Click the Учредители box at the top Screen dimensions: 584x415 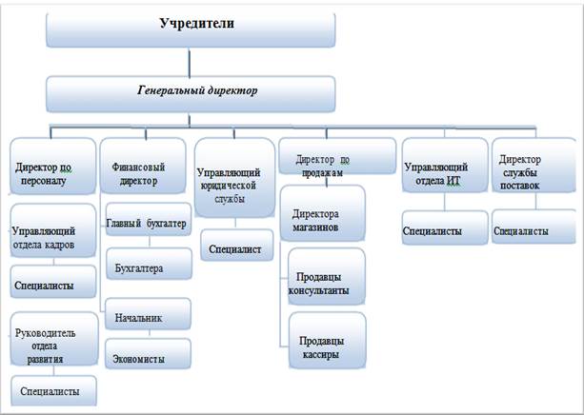(191, 30)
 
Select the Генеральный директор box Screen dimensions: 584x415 (191, 94)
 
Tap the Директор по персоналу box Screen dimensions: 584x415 (53, 166)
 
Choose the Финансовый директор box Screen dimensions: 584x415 (143, 166)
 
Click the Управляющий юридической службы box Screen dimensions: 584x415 (235, 178)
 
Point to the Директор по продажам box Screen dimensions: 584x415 (337, 156)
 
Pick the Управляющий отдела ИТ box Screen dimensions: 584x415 (445, 166)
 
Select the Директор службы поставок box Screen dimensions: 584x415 (534, 166)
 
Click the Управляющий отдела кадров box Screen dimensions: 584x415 (53, 230)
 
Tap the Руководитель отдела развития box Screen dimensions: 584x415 (54, 339)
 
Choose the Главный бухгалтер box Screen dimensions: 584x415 (149, 219)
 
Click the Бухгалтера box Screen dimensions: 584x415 (149, 264)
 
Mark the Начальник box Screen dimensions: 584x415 (148, 314)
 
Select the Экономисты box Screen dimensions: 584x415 (148, 353)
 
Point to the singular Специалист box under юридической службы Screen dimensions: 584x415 (237, 246)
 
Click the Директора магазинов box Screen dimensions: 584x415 (323, 213)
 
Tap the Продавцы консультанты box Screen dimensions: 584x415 (327, 277)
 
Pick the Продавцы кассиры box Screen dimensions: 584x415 (328, 340)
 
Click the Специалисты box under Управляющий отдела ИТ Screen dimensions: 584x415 (445, 227)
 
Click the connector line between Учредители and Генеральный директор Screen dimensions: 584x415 (190, 62)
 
